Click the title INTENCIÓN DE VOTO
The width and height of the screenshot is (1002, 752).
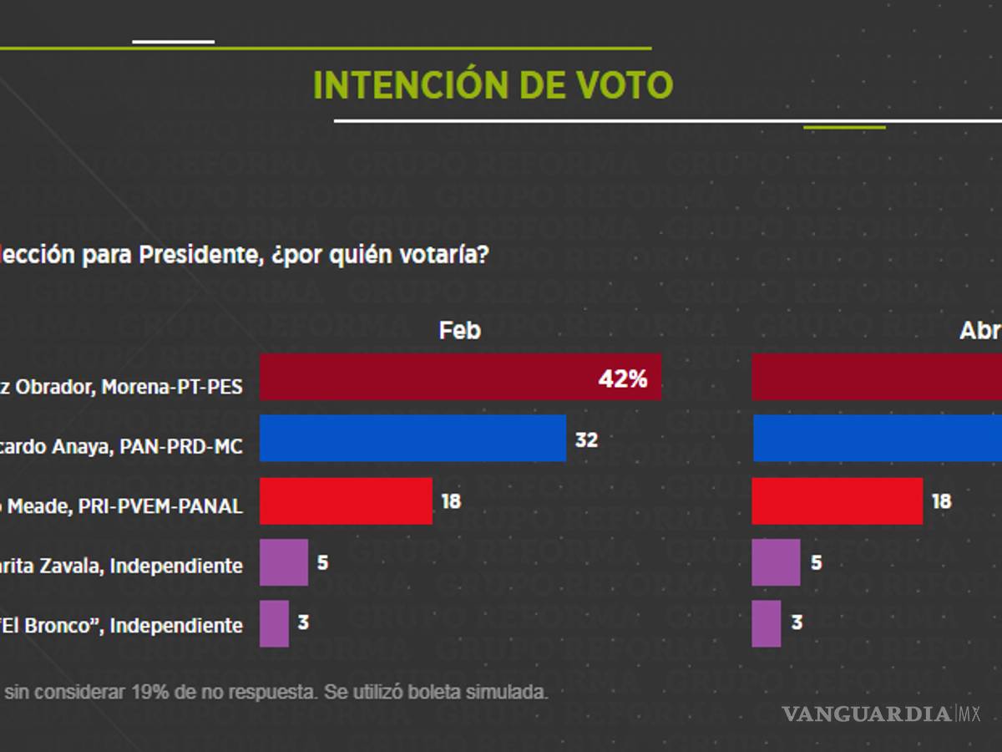point(493,85)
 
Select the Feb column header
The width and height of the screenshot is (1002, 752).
point(460,331)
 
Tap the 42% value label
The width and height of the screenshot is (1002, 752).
point(623,379)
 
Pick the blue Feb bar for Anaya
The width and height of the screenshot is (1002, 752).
point(412,438)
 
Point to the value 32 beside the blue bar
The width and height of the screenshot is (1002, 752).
point(586,440)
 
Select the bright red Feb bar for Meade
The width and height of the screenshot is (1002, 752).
point(346,500)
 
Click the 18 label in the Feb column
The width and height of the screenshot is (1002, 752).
point(451,501)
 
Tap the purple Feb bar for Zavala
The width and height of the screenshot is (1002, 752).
point(283,562)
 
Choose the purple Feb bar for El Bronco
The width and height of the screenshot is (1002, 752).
point(274,623)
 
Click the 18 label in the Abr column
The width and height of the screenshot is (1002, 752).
point(941,501)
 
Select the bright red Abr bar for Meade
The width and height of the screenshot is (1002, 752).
point(837,500)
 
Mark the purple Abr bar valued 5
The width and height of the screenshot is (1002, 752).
point(776,562)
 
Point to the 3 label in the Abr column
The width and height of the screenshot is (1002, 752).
point(797,623)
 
